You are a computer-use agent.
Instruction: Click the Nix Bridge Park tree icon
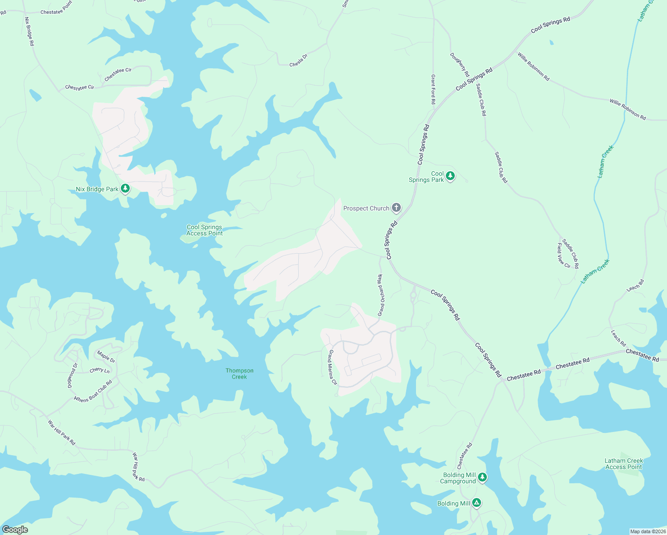(125, 189)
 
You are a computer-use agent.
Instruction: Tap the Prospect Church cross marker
(396, 208)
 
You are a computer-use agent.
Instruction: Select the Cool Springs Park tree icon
(450, 176)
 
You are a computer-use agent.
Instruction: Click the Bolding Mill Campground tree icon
(482, 478)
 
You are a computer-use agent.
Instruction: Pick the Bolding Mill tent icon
(477, 503)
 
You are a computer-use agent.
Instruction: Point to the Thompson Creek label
(239, 374)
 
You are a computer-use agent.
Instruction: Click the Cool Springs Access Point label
(204, 230)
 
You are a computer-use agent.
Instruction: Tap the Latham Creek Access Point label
(623, 464)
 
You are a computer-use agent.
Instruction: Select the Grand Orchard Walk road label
(381, 295)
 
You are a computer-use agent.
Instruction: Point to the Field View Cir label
(563, 256)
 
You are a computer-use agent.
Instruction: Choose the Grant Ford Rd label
(433, 90)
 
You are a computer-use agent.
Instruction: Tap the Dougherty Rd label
(460, 65)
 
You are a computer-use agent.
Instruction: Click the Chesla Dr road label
(298, 61)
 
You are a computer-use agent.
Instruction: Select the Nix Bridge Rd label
(29, 32)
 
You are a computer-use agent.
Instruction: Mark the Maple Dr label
(106, 357)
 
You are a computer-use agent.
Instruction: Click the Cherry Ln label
(99, 370)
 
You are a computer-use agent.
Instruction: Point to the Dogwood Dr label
(72, 375)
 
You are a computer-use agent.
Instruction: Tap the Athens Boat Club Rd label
(93, 391)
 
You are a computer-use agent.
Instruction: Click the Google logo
(15, 530)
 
